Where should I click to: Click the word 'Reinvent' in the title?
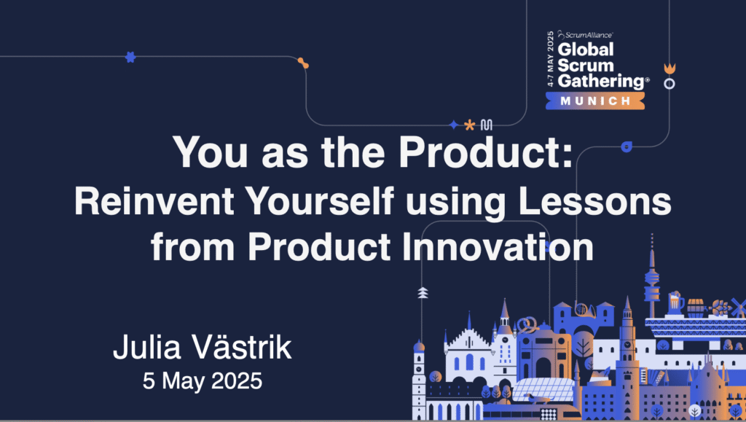click(154, 200)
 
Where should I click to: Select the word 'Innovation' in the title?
click(498, 246)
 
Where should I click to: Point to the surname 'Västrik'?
click(242, 346)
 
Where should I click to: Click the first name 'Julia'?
click(147, 347)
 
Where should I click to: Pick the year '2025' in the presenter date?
click(237, 380)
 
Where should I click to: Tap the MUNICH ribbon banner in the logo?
click(595, 101)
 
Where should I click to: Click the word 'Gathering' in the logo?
click(601, 82)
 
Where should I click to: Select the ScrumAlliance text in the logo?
click(586, 35)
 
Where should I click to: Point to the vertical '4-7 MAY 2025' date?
click(551, 58)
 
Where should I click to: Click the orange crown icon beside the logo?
click(670, 69)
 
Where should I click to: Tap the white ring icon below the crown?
click(670, 84)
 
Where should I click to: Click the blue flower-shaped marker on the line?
click(130, 57)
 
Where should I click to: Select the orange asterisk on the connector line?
click(470, 125)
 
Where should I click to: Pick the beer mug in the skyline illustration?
click(675, 302)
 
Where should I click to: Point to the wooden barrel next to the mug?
click(696, 308)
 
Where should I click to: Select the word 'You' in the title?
click(210, 152)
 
